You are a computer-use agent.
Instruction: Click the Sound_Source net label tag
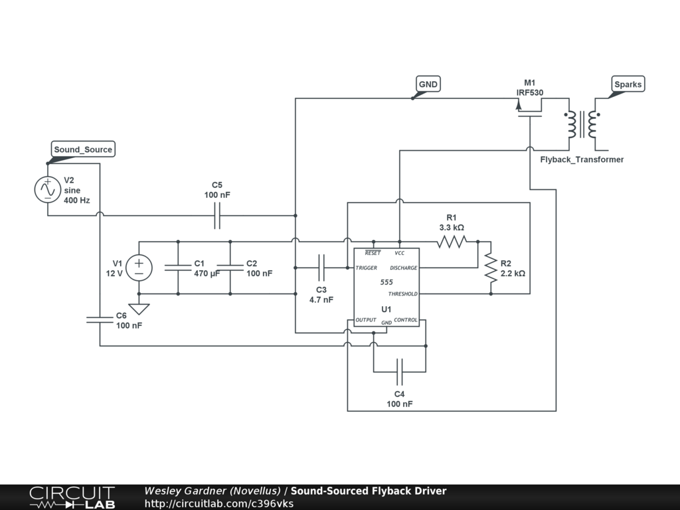point(83,149)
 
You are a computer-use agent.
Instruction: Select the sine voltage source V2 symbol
point(48,189)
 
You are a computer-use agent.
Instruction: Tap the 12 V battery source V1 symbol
point(139,268)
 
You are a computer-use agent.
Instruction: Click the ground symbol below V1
point(139,309)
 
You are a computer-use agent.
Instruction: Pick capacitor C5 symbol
point(217,216)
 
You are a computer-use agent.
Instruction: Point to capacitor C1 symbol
point(178,268)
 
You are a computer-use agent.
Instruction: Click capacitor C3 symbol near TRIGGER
point(321,268)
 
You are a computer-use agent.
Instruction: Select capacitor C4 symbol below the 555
point(399,372)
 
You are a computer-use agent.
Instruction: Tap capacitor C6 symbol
point(100,319)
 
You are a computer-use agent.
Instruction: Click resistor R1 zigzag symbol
point(452,242)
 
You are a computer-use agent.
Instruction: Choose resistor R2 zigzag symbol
point(491,268)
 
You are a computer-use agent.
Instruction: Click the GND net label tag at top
point(428,84)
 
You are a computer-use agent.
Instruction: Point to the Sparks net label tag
point(628,84)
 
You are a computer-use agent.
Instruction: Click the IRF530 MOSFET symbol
point(529,108)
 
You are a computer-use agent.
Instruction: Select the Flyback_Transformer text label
point(582,159)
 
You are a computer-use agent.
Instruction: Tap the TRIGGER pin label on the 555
point(367,268)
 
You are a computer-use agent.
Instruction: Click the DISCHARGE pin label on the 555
point(403,268)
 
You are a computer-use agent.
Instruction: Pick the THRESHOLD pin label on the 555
point(403,294)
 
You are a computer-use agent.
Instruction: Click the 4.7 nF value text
point(321,299)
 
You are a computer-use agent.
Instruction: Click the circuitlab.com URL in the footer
point(219,503)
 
